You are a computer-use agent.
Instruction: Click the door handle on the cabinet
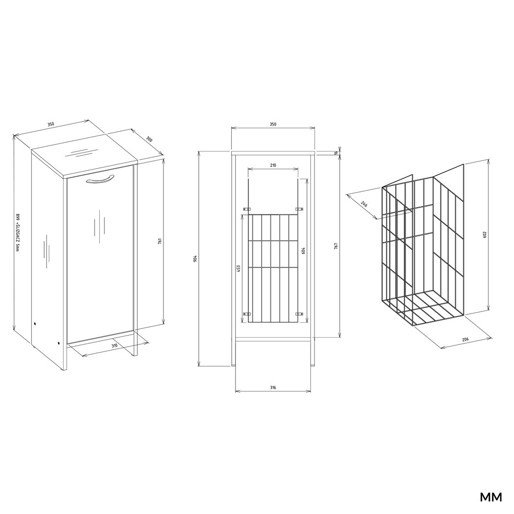(x=99, y=179)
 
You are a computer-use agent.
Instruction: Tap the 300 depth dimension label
(x=149, y=139)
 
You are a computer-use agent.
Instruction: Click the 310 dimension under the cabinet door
(x=115, y=345)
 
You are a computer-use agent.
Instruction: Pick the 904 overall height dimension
(x=195, y=258)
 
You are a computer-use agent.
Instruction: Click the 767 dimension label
(x=336, y=245)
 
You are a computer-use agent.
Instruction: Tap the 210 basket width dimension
(x=273, y=166)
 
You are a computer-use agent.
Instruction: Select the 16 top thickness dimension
(x=336, y=152)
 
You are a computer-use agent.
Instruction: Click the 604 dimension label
(x=303, y=251)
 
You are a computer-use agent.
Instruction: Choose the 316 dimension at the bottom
(x=273, y=387)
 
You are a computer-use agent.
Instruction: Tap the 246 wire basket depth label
(x=364, y=205)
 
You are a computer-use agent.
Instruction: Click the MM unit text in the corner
(x=490, y=498)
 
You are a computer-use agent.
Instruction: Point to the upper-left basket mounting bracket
(x=246, y=209)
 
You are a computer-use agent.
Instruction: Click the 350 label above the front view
(x=273, y=124)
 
